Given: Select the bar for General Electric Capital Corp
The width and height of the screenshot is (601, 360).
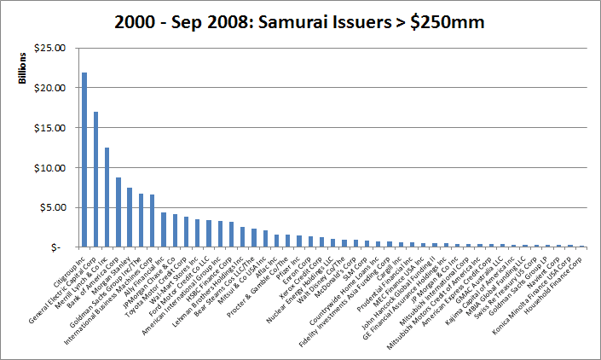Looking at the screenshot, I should pyautogui.click(x=95, y=179).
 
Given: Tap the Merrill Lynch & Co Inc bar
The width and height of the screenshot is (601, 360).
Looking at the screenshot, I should pyautogui.click(x=107, y=197).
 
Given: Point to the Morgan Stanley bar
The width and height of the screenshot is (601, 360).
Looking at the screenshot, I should pyautogui.click(x=130, y=217).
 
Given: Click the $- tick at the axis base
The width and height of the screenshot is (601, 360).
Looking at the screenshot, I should pyautogui.click(x=57, y=247).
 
